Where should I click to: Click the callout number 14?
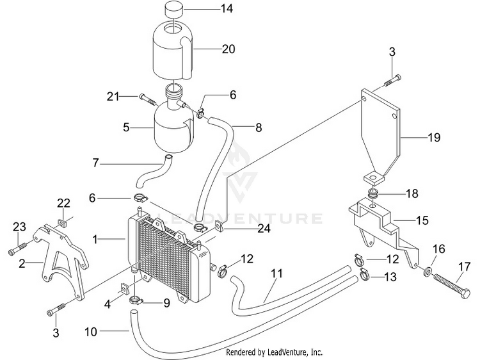coord(227,8)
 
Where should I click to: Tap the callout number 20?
coord(228,49)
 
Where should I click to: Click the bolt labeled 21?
coord(148,99)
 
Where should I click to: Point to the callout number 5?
coord(126,127)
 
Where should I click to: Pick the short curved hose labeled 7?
coord(154,172)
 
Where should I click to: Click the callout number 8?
coord(259,127)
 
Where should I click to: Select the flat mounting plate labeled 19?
coord(382,136)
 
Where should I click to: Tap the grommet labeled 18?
coord(373,193)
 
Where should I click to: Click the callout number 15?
coord(422,220)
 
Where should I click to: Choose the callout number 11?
coord(276,273)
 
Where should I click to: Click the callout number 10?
coord(91,332)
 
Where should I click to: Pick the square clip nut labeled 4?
coord(124,288)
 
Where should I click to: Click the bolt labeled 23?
coord(18,248)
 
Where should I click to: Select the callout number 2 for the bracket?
coord(22,263)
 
